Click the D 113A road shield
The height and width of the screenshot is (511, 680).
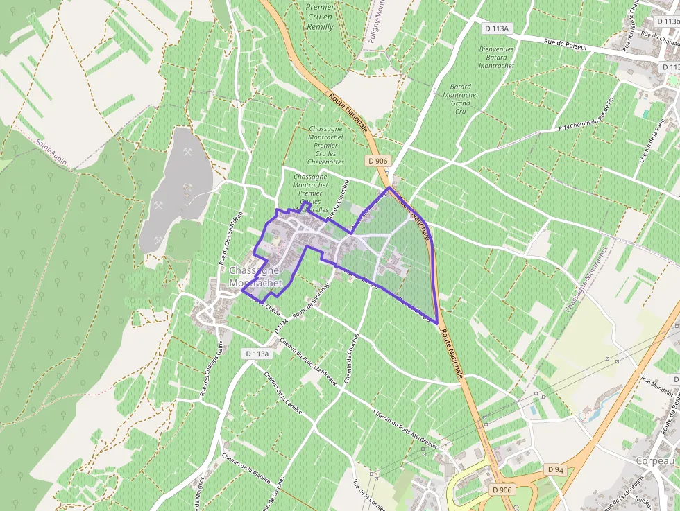(497, 28)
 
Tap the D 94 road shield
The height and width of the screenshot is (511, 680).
(555, 469)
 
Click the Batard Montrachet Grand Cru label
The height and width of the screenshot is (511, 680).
(457, 95)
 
